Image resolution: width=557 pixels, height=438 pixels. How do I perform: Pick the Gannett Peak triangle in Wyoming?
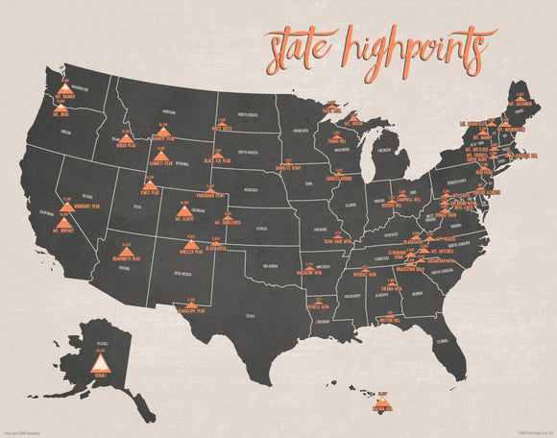[162, 154]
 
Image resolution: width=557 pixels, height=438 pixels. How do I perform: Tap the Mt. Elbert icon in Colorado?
[185, 210]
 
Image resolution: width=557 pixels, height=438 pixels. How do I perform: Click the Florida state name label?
[442, 340]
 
